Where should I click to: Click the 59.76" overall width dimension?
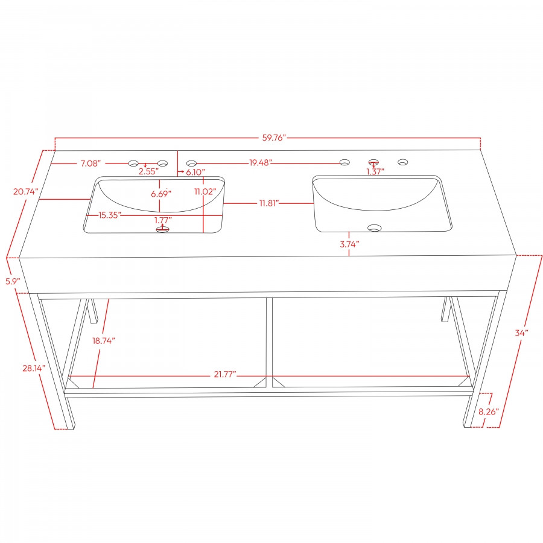pyautogui.click(x=273, y=138)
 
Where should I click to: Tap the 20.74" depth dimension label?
pyautogui.click(x=25, y=191)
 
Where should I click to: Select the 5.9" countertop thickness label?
pyautogui.click(x=13, y=281)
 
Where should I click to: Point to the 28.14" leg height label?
pyautogui.click(x=33, y=367)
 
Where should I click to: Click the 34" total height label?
pyautogui.click(x=522, y=332)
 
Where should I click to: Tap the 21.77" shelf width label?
pyautogui.click(x=224, y=375)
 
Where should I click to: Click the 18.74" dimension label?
pyautogui.click(x=103, y=340)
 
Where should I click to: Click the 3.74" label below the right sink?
pyautogui.click(x=349, y=244)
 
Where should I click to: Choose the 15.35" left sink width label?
pyautogui.click(x=110, y=214)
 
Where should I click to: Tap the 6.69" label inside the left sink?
pyautogui.click(x=160, y=194)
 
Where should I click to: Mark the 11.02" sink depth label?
pyautogui.click(x=205, y=191)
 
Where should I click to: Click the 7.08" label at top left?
pyautogui.click(x=92, y=163)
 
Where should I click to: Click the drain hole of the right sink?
pyautogui.click(x=375, y=228)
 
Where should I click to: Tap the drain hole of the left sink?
pyautogui.click(x=162, y=230)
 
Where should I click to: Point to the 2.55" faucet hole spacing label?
pyautogui.click(x=148, y=172)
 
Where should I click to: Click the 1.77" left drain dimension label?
pyautogui.click(x=163, y=220)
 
